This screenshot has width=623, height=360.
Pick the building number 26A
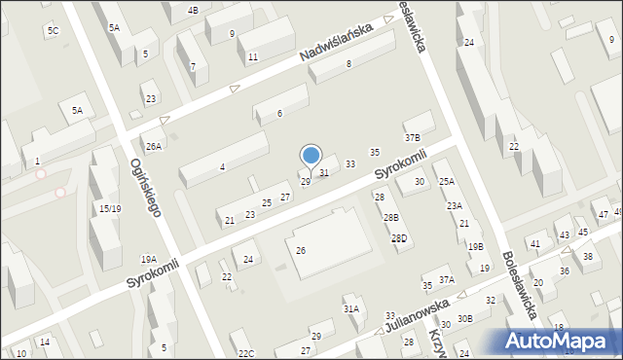point(154,146)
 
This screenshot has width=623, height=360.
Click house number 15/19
point(109,208)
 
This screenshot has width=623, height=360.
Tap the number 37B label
point(413,138)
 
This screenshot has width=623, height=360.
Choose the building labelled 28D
point(399,238)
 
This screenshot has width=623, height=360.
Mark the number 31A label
point(350,308)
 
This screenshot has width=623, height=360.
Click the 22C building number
point(245,352)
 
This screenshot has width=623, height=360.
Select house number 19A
point(148,259)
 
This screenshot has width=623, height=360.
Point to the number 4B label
point(193,10)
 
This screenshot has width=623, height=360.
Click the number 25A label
point(446,181)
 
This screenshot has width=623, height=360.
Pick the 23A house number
point(455,205)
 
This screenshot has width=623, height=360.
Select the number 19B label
point(475,247)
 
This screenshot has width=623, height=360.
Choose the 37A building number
point(446,279)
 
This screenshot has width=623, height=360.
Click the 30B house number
point(465,318)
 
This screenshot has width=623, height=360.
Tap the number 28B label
point(389,217)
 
